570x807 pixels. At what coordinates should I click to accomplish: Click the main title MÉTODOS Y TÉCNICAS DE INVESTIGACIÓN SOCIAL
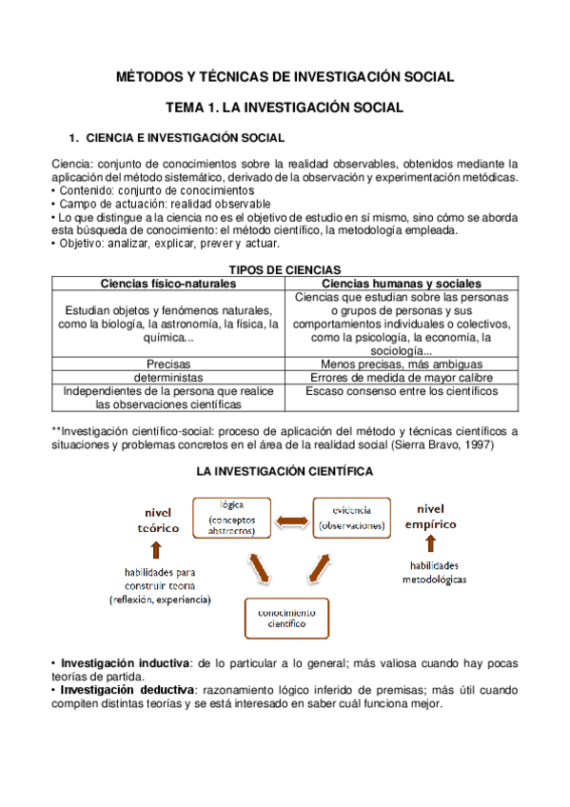[x=285, y=77]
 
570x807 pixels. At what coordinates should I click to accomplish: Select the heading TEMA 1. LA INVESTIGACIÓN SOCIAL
[x=285, y=108]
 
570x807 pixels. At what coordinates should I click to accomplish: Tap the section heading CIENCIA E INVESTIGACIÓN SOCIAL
[x=185, y=139]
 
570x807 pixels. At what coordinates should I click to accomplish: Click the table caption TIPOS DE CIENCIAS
[x=285, y=270]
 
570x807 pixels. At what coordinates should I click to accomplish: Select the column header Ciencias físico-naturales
[x=168, y=284]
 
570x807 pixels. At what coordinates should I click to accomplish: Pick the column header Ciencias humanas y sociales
[x=402, y=284]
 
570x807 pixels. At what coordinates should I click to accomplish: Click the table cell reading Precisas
[x=168, y=364]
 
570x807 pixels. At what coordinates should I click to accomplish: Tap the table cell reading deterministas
[x=168, y=378]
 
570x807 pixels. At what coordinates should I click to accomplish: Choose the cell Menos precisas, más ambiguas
[x=402, y=364]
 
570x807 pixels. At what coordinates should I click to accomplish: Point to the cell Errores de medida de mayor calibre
[x=402, y=378]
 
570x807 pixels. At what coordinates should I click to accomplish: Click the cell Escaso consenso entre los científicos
[x=402, y=391]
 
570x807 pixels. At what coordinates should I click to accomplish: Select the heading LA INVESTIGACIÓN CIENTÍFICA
[x=285, y=471]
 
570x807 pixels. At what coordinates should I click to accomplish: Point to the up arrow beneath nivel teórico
[x=157, y=549]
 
